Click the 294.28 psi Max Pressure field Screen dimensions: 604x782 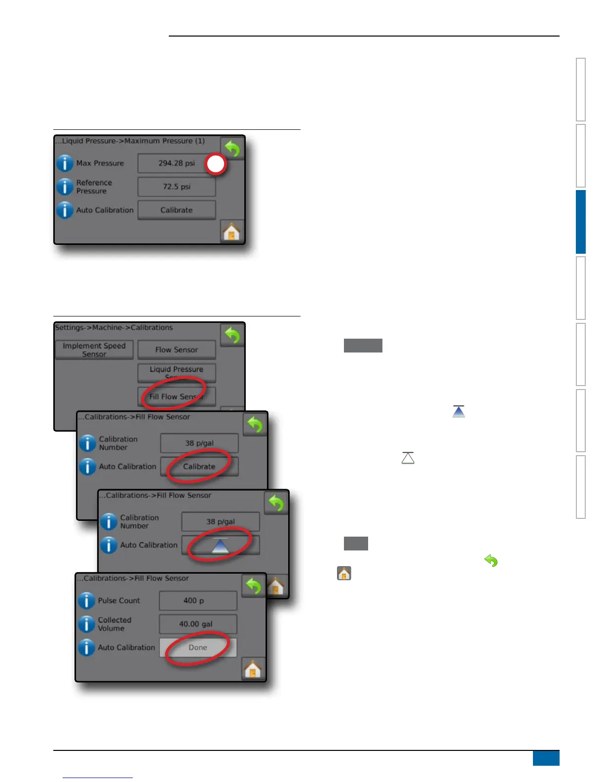(176, 163)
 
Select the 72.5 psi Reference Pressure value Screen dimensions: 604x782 (176, 187)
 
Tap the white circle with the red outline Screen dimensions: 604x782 (216, 164)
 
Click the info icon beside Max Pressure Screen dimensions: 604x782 (65, 163)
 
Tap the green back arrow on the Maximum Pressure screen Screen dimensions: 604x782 (232, 148)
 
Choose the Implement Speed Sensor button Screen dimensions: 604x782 (94, 350)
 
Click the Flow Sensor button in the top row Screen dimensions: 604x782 (176, 350)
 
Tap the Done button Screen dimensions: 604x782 (198, 647)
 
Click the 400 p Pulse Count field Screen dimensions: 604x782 (197, 600)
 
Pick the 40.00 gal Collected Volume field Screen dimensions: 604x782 (197, 624)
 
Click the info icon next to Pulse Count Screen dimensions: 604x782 (86, 600)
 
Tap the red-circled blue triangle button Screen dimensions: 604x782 (220, 545)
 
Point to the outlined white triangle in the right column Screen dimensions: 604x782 (408, 458)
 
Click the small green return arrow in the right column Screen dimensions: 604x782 (491, 561)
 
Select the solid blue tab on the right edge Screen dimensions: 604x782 (581, 222)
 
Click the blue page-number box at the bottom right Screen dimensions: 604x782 (546, 758)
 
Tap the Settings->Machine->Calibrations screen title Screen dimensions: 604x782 (114, 327)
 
